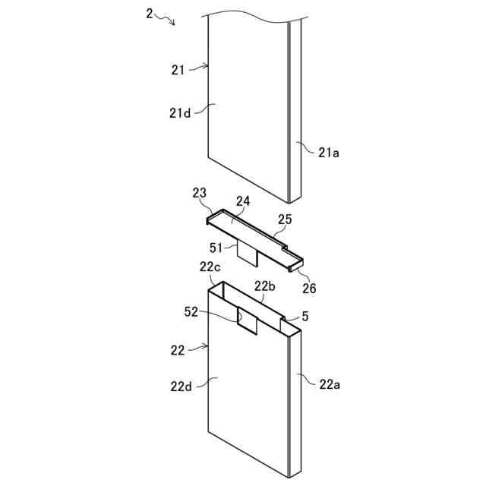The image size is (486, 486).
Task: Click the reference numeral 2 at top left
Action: pyautogui.click(x=150, y=13)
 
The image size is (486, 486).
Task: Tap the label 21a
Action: pyautogui.click(x=328, y=153)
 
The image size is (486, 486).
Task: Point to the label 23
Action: pyautogui.click(x=200, y=194)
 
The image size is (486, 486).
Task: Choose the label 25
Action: pyautogui.click(x=284, y=219)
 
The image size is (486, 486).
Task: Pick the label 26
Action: pyautogui.click(x=309, y=289)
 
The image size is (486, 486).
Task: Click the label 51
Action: pyautogui.click(x=218, y=247)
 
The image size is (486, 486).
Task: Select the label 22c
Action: pyautogui.click(x=210, y=267)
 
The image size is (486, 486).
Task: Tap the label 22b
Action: pyautogui.click(x=264, y=286)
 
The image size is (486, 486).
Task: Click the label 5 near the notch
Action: pyautogui.click(x=305, y=315)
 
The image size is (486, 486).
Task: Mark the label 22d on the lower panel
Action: pyautogui.click(x=180, y=386)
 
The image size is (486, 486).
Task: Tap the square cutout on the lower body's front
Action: pyautogui.click(x=249, y=319)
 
